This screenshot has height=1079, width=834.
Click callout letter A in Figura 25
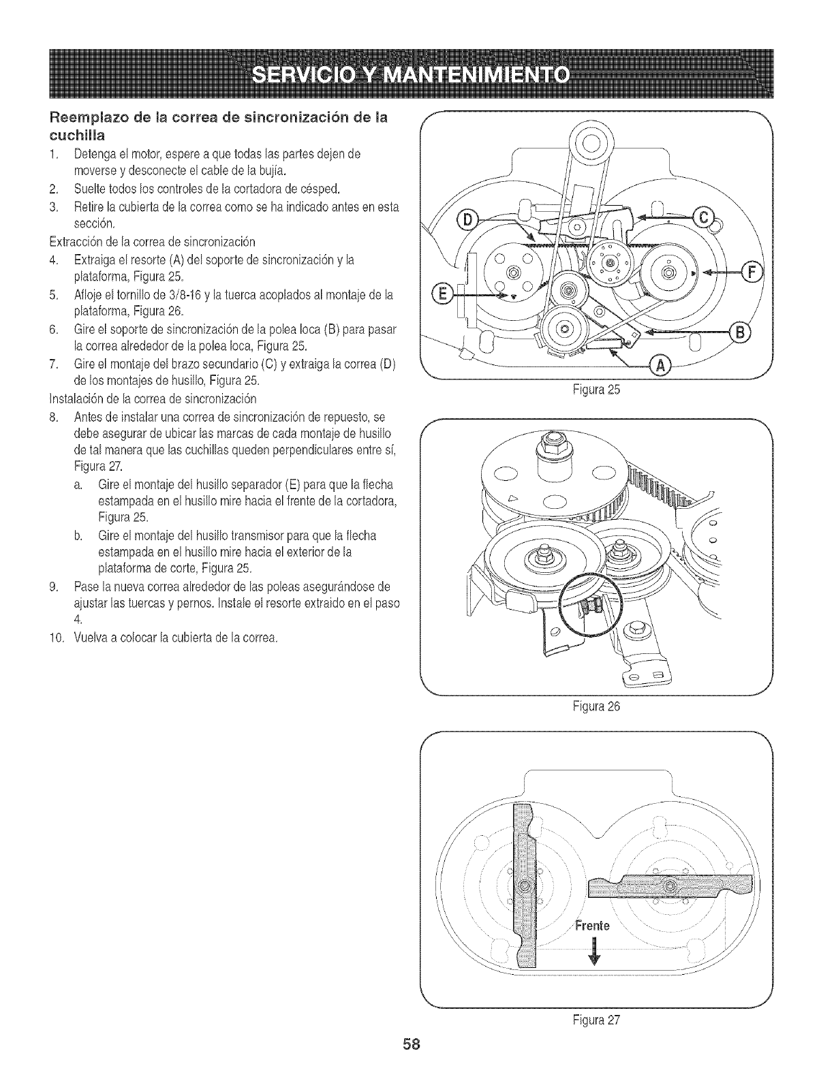pos(660,366)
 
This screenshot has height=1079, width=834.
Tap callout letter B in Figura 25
pos(740,332)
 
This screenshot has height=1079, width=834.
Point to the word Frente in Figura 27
pos(591,926)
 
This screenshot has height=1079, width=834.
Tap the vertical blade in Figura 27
pos(525,886)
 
